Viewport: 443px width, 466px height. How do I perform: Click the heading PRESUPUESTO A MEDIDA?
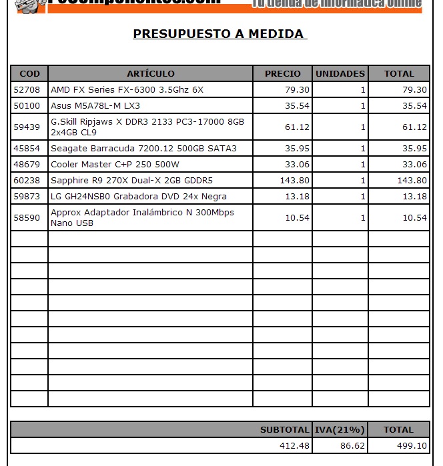point(219,34)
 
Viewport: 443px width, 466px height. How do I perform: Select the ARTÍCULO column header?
point(150,73)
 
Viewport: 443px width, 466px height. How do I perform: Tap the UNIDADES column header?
point(340,73)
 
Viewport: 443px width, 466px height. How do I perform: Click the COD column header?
point(29,73)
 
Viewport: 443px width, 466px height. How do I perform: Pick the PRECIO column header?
point(282,73)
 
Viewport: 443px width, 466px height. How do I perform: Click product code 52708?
point(27,89)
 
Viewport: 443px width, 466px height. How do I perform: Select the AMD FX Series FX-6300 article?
point(127,89)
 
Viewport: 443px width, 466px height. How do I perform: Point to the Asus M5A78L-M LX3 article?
point(95,105)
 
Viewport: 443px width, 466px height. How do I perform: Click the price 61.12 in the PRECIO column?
point(297,127)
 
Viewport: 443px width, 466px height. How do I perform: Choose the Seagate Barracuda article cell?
point(143,148)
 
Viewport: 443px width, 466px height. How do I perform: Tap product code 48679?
point(27,164)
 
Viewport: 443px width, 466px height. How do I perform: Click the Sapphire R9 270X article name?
point(131,180)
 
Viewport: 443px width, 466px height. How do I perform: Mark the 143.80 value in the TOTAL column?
point(412,180)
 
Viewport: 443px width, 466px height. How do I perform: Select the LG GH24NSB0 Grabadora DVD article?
point(138,196)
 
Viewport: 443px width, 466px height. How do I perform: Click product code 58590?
point(27,217)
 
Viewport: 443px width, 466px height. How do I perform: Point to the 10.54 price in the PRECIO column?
point(297,217)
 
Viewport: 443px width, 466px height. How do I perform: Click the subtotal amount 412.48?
point(294,445)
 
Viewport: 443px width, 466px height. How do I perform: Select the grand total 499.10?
point(412,445)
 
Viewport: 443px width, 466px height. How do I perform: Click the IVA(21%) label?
point(340,430)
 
